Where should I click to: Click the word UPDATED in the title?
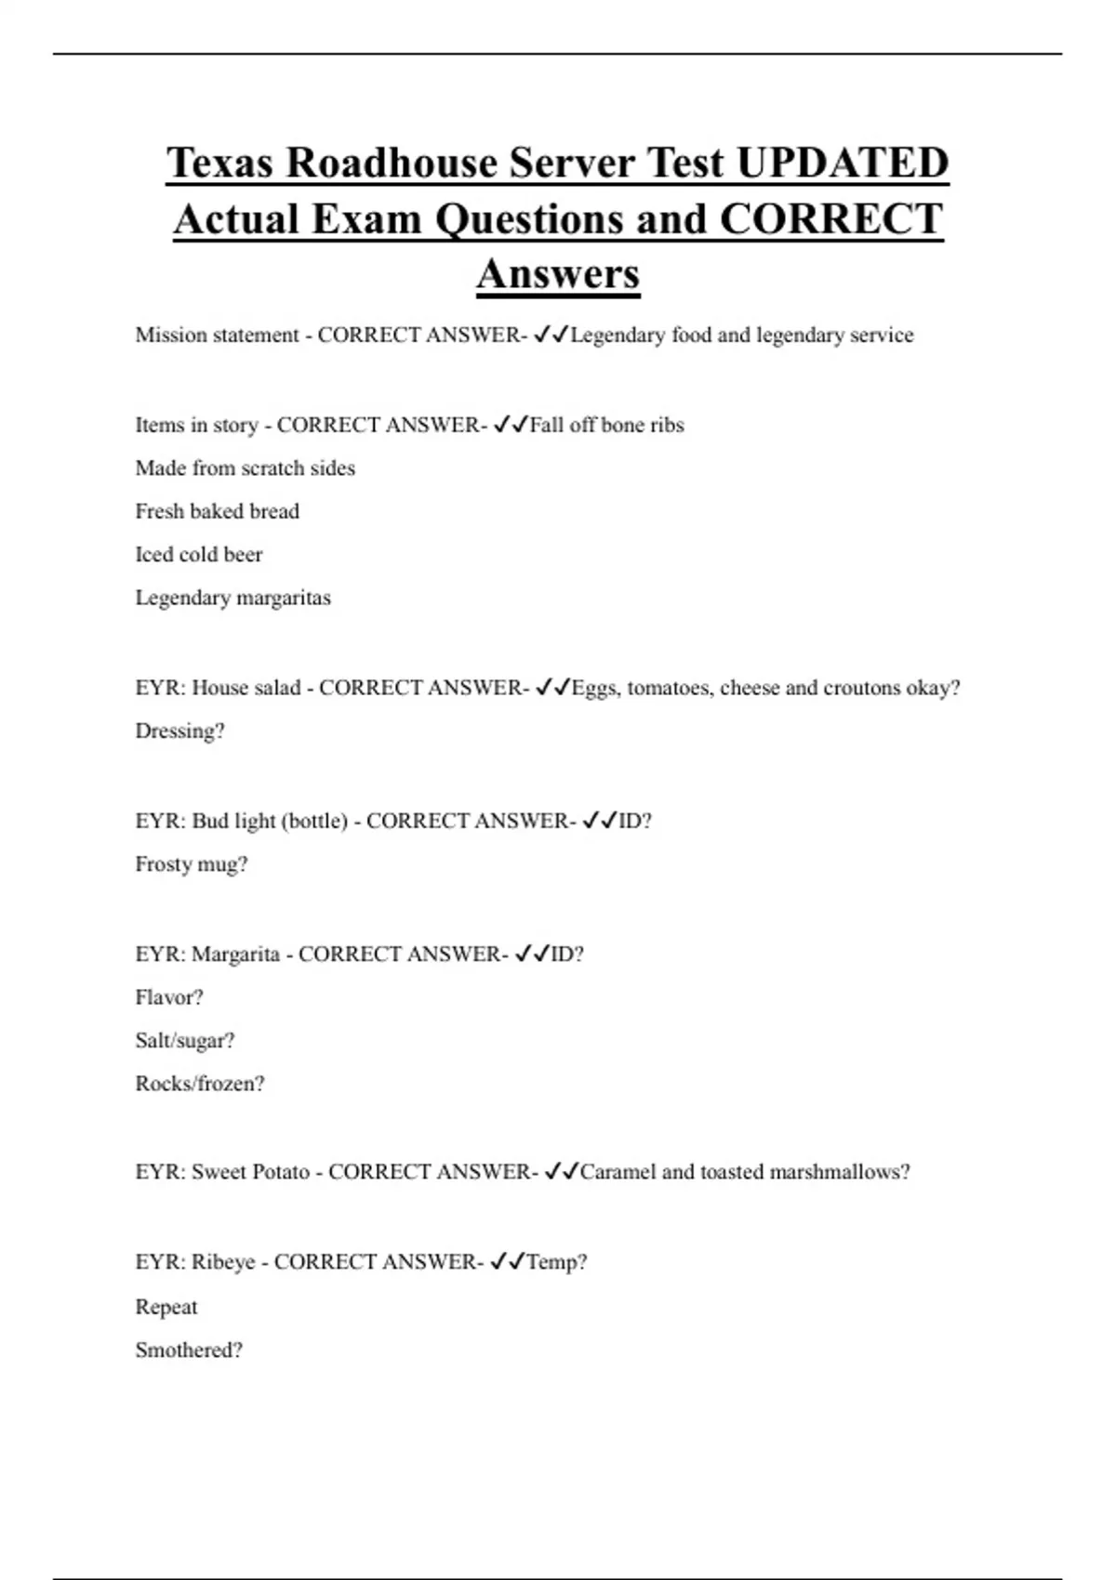click(x=843, y=163)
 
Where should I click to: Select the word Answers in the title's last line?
click(x=558, y=274)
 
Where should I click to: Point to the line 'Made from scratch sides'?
click(x=245, y=468)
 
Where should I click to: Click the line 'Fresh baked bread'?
click(x=217, y=511)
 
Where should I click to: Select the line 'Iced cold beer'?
click(x=198, y=555)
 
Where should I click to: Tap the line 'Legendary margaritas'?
click(x=232, y=598)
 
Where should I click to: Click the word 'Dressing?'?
click(x=179, y=731)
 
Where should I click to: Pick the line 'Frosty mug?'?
click(x=191, y=864)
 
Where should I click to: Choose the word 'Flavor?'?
click(x=168, y=997)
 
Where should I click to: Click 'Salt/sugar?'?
click(x=184, y=1041)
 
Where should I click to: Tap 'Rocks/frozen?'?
click(x=199, y=1084)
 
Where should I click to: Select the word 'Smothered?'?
click(x=188, y=1350)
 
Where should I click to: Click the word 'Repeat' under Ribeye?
click(x=166, y=1308)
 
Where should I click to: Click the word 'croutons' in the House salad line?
click(x=861, y=689)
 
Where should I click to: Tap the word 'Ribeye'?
click(x=223, y=1262)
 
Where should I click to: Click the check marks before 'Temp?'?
click(x=507, y=1261)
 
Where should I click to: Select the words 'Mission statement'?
click(x=217, y=336)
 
